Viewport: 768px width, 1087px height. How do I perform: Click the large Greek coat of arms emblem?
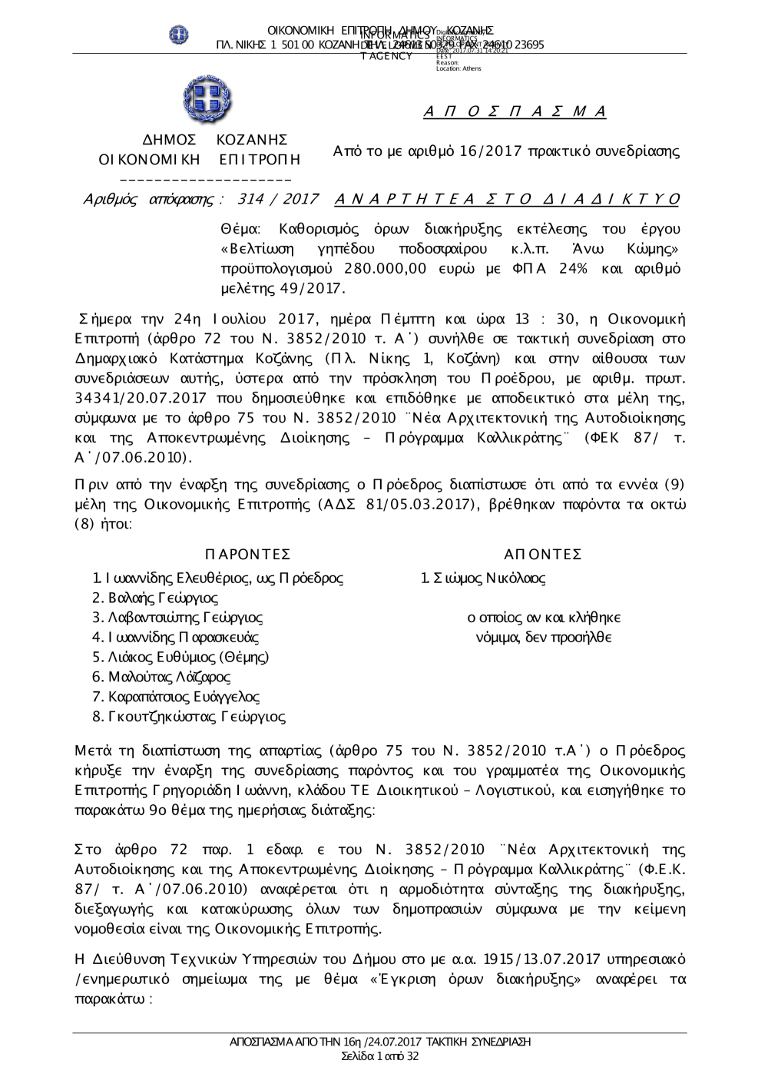pyautogui.click(x=207, y=101)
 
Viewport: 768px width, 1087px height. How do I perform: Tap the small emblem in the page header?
pyautogui.click(x=179, y=35)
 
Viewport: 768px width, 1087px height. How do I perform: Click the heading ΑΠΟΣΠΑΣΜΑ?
pyautogui.click(x=515, y=112)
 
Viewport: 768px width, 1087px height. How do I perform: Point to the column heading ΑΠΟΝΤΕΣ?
pyautogui.click(x=543, y=555)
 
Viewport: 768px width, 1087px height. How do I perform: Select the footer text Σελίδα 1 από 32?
pyautogui.click(x=380, y=1056)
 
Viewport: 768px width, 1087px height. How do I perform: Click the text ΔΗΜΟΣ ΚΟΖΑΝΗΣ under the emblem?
pyautogui.click(x=216, y=140)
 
